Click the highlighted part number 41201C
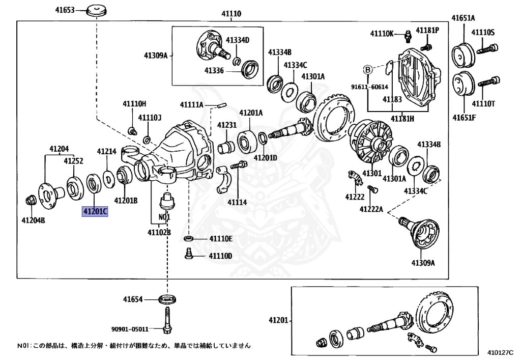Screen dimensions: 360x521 [x=95, y=211]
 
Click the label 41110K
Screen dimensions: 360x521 [x=382, y=34]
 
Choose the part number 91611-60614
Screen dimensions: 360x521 [x=369, y=87]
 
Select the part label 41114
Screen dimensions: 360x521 [x=237, y=202]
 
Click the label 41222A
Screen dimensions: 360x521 [x=371, y=209]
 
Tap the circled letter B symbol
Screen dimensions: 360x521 [x=367, y=69]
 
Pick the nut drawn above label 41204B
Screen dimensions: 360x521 [x=31, y=200]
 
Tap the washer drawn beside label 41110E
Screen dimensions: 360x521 [x=188, y=238]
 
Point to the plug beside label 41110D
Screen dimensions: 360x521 [x=188, y=253]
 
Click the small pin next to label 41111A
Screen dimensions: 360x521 [x=222, y=105]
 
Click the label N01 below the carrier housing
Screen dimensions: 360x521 [x=163, y=216]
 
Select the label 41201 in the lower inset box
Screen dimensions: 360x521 [x=278, y=321]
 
